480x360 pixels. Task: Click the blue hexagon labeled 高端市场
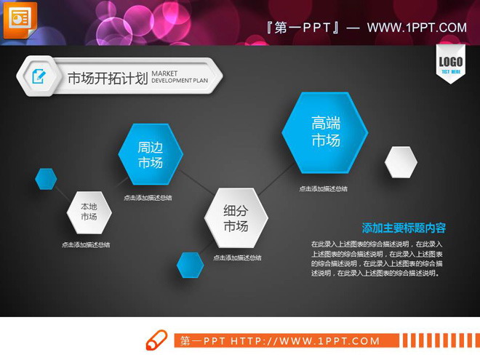(x=325, y=132)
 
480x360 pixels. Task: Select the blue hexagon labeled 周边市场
(x=151, y=154)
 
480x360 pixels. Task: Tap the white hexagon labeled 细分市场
(x=235, y=218)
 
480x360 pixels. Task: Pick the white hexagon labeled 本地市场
(x=89, y=212)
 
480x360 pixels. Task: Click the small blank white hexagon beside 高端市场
(x=401, y=161)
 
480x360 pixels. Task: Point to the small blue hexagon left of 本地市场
(x=46, y=178)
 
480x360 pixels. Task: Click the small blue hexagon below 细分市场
(x=191, y=265)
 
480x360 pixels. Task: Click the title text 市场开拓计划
(x=107, y=78)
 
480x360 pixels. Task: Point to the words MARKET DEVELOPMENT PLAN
(x=179, y=77)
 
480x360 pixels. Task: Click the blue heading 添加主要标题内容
(x=404, y=228)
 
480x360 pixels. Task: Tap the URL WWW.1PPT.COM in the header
(x=417, y=28)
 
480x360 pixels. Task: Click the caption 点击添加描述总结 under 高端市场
(x=323, y=189)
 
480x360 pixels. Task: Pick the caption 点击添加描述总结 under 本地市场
(x=86, y=245)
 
